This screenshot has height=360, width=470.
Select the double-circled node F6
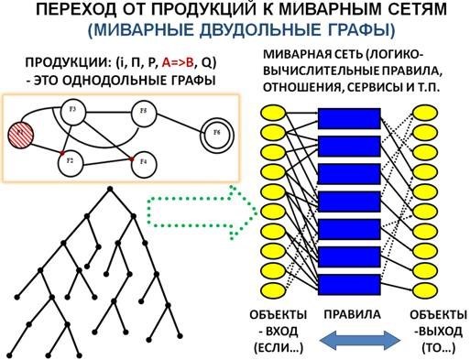tap(217, 132)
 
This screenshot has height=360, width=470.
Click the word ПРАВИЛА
tap(349, 314)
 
